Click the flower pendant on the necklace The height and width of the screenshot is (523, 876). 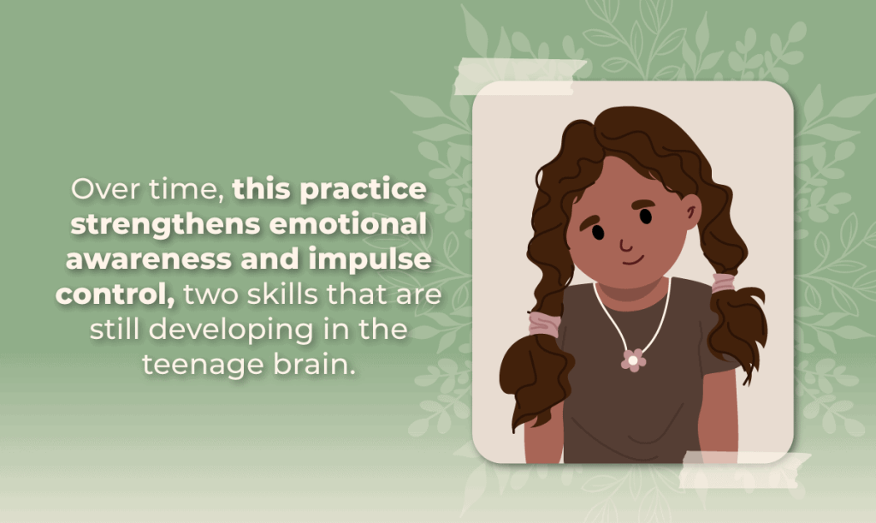633,360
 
